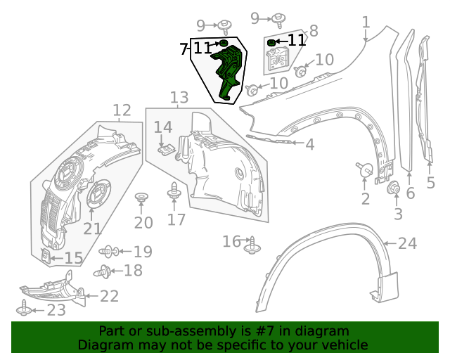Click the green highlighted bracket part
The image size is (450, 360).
(229, 74)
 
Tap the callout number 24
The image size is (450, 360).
(407, 244)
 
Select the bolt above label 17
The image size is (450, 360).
(174, 190)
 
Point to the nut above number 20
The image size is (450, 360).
(141, 198)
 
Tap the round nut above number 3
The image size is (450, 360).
(394, 188)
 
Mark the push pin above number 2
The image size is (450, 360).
(364, 169)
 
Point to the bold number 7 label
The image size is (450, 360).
(184, 49)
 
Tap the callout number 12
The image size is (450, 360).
(122, 110)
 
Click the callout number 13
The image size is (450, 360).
(179, 97)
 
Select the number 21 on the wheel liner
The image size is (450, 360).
(93, 229)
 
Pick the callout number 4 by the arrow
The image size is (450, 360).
(309, 145)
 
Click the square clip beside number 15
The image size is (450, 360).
(46, 257)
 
